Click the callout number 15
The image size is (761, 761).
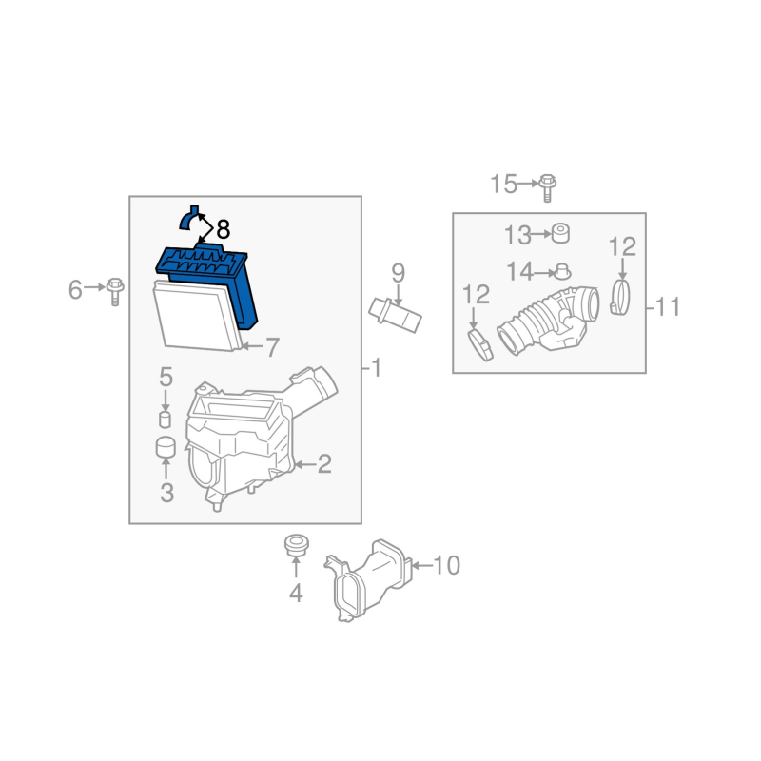click(504, 184)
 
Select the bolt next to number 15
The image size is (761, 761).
click(547, 187)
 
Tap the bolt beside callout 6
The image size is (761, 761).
click(115, 291)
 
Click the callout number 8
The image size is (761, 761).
click(223, 229)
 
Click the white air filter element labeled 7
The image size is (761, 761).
click(197, 316)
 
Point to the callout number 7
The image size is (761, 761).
click(272, 347)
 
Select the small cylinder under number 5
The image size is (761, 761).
click(165, 420)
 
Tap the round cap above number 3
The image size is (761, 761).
click(166, 447)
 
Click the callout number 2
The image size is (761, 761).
click(324, 464)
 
